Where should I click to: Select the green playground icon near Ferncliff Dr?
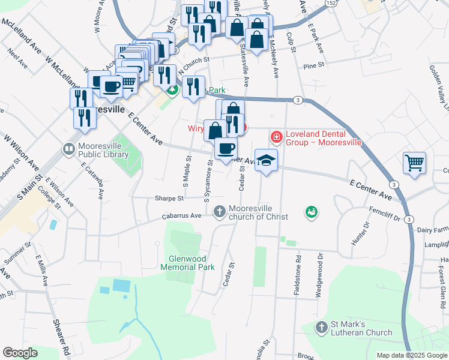click(311, 211)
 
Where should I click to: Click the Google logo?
click(20, 352)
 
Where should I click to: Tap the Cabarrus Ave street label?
click(181, 217)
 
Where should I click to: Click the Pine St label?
click(313, 66)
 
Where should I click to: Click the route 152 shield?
click(331, 4)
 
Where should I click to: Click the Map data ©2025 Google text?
click(412, 355)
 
